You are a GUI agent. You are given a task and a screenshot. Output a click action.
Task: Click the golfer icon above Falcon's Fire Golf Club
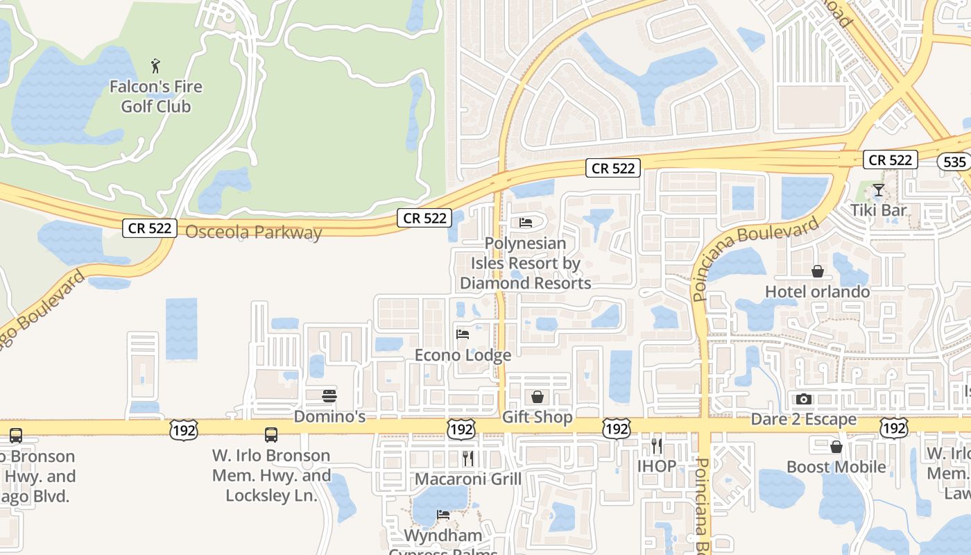155,67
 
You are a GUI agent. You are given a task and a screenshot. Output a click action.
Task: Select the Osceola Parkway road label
254,232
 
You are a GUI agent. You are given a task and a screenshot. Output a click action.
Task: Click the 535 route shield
954,162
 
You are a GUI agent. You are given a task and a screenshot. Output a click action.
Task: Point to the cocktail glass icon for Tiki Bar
878,189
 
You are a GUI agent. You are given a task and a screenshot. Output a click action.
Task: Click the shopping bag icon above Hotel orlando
817,271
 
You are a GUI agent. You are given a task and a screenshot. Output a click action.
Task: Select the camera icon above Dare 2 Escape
804,399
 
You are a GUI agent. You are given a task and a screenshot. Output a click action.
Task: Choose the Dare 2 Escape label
804,420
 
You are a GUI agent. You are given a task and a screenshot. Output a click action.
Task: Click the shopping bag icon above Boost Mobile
836,447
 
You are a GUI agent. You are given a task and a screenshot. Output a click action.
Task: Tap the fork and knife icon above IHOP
656,445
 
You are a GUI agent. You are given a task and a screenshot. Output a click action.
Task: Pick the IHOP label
656,466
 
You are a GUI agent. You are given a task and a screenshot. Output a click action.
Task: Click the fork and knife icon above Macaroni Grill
468,458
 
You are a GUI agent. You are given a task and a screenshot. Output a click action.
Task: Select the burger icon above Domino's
329,396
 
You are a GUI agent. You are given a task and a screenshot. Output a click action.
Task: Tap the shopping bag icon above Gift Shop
537,397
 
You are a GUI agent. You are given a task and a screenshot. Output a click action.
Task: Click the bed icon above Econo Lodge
463,334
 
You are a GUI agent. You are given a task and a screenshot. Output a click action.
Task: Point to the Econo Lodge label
463,355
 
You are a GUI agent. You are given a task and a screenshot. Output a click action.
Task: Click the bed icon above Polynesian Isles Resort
526,223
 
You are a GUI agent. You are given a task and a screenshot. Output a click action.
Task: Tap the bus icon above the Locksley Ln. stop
271,435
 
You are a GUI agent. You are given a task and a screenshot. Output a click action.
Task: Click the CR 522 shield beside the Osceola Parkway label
150,228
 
